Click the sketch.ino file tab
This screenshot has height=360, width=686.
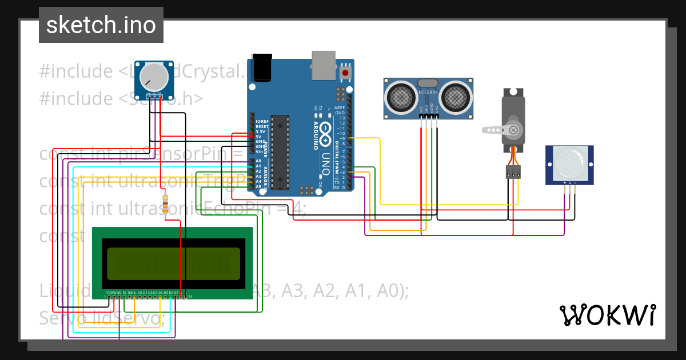tap(101, 25)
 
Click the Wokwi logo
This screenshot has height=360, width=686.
tap(607, 315)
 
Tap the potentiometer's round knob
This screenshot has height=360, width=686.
tap(153, 76)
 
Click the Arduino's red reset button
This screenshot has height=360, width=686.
tap(345, 73)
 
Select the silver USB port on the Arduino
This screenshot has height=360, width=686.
tap(324, 64)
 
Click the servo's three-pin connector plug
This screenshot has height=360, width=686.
tap(513, 171)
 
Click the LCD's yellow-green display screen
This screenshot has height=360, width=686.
tap(174, 263)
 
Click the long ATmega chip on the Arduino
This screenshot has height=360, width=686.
tap(280, 152)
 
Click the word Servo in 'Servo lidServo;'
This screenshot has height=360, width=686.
tap(59, 317)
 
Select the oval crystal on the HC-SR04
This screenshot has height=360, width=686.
tap(428, 83)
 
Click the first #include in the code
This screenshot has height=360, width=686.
tap(76, 72)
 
